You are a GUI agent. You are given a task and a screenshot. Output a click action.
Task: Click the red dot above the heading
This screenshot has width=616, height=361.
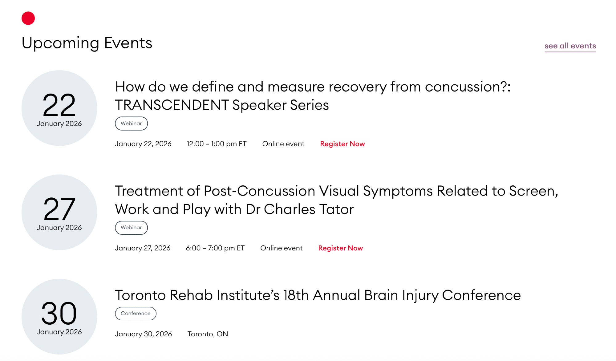point(28,18)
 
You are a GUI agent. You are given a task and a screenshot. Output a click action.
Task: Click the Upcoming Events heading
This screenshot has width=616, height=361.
point(87,43)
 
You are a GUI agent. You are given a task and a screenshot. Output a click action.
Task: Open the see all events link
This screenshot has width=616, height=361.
point(570,46)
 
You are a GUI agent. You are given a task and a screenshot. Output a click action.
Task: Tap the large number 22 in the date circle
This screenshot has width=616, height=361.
point(59,105)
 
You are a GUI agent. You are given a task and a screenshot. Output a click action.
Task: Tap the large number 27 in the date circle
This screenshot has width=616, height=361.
point(59,209)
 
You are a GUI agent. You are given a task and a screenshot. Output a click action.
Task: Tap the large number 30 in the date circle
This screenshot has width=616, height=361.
point(59,313)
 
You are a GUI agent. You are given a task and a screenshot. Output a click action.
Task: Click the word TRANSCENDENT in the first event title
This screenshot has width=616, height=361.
point(172,105)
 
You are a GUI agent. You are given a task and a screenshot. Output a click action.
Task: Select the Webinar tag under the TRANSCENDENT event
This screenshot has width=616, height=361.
point(131,124)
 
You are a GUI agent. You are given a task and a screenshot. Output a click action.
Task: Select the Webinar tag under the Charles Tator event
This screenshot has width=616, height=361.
point(131,228)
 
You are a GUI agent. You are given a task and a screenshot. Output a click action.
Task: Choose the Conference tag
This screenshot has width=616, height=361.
point(136,313)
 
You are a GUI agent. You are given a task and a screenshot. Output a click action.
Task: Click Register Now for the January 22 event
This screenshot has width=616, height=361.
point(342,144)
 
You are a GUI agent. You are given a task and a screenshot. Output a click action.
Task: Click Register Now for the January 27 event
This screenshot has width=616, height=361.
point(341,248)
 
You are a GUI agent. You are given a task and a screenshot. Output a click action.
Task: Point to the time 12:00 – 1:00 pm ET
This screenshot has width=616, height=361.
point(217,144)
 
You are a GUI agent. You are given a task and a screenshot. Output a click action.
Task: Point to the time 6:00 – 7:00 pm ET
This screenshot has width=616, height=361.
point(215,248)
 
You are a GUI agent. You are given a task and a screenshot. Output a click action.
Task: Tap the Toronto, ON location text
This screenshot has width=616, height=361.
point(208,334)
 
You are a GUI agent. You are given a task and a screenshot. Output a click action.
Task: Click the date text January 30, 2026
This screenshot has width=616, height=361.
point(143,334)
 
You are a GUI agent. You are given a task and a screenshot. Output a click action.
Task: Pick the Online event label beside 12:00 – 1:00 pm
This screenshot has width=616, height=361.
point(283,144)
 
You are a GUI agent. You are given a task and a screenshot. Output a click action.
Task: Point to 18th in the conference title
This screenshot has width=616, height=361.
point(296,295)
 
